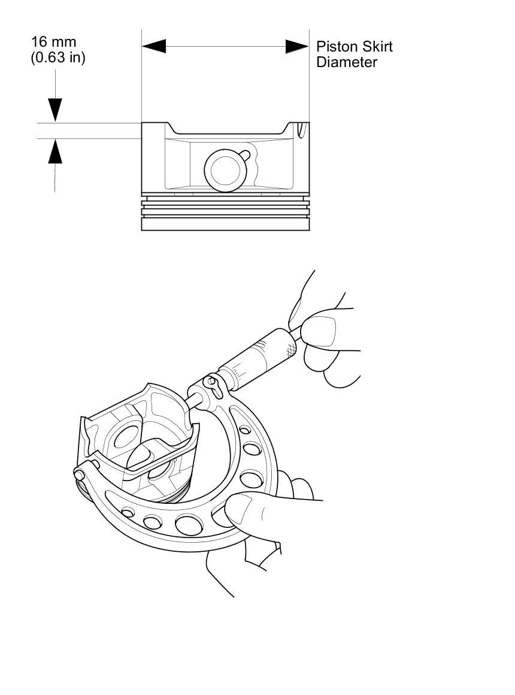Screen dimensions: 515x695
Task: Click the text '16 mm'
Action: [54, 43]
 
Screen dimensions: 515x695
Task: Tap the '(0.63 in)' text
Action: [58, 59]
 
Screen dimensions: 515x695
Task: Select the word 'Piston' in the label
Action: [336, 47]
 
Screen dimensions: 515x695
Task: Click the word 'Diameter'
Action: [347, 62]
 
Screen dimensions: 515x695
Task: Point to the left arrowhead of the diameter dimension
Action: [153, 47]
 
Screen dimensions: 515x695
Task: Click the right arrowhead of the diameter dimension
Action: [297, 47]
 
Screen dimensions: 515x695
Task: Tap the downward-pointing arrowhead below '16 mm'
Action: [55, 110]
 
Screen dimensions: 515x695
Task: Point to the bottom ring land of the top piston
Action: [225, 224]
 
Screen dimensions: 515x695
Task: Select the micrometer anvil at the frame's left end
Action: [80, 474]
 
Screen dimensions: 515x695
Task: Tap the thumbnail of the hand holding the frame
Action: [238, 510]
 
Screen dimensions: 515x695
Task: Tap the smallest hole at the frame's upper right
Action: [244, 430]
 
